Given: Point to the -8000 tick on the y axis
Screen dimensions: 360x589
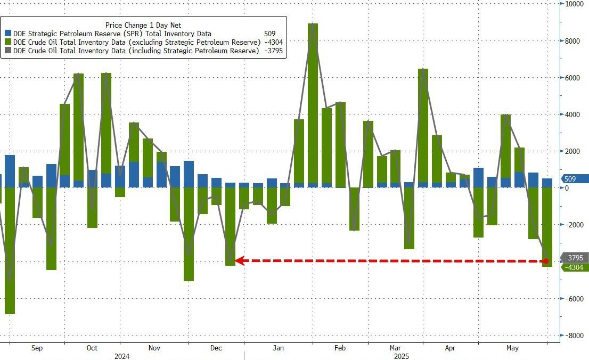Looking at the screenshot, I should tap(575, 336).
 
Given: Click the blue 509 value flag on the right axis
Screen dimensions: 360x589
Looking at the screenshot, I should tap(575, 179).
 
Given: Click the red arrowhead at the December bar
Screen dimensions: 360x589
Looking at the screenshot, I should tap(239, 260).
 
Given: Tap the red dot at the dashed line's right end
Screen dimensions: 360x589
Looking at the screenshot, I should tap(546, 261).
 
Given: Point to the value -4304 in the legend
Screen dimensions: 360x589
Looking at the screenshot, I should tap(273, 42).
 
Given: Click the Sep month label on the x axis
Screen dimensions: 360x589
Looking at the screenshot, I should tap(37, 348).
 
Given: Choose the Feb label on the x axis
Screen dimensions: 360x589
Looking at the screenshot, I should tap(340, 348).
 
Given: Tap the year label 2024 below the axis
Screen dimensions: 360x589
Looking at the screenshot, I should tap(121, 356).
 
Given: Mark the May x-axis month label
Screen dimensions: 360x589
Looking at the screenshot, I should tap(513, 348).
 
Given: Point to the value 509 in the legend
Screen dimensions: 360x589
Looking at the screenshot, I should tap(269, 34).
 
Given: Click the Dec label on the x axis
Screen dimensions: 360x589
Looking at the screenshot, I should tap(216, 348).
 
